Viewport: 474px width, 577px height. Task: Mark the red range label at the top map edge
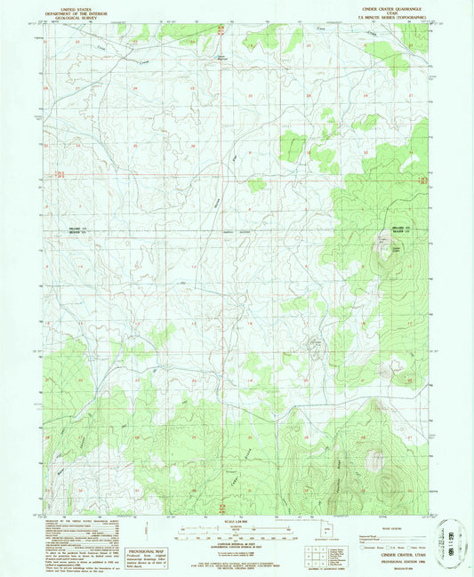tap(221, 30)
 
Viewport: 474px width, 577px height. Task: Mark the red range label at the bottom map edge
tap(221, 509)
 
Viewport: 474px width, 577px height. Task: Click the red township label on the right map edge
tap(424, 180)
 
